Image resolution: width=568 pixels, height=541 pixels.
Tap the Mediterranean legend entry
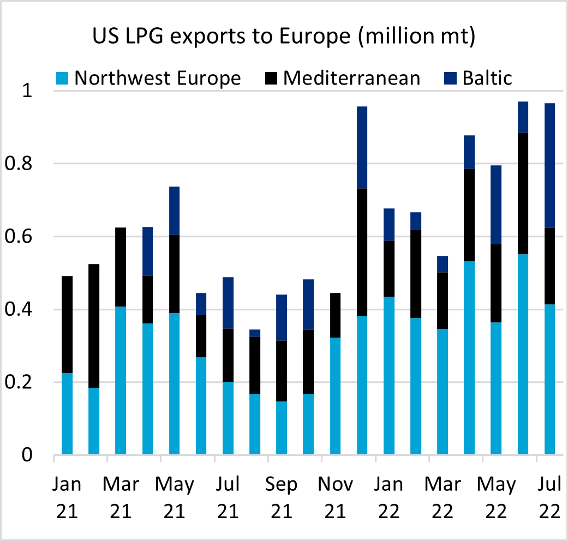(351, 78)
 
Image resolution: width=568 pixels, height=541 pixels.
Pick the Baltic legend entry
(487, 78)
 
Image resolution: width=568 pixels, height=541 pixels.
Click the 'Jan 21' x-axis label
(67, 497)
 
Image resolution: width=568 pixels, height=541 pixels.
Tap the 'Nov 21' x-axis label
(335, 497)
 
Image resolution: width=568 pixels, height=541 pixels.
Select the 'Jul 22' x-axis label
(549, 497)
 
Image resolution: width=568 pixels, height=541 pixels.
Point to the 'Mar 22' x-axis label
(443, 497)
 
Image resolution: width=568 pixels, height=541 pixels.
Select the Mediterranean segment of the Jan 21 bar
(67, 324)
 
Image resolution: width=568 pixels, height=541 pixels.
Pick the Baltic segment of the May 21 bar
(174, 211)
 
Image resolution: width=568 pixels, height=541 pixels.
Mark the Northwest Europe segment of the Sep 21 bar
(282, 428)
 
